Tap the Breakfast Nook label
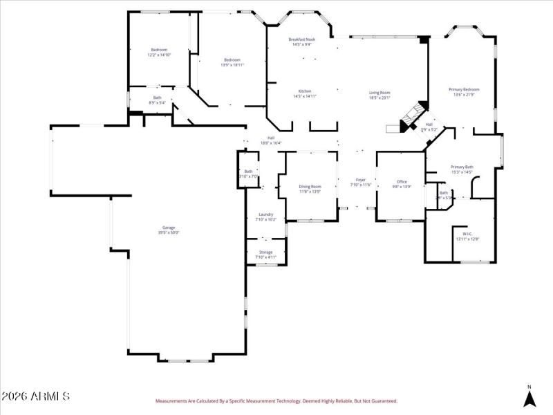(302, 42)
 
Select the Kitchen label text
(305, 93)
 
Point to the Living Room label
(379, 95)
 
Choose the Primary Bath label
(462, 169)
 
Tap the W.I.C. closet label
(467, 236)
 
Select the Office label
(402, 184)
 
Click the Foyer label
(361, 182)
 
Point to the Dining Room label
(310, 188)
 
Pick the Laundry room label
(266, 216)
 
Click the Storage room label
(266, 254)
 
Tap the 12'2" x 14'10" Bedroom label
(159, 52)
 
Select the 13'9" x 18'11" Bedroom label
(232, 62)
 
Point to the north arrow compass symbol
(529, 397)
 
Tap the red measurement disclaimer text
(276, 400)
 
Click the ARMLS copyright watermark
(35, 397)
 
